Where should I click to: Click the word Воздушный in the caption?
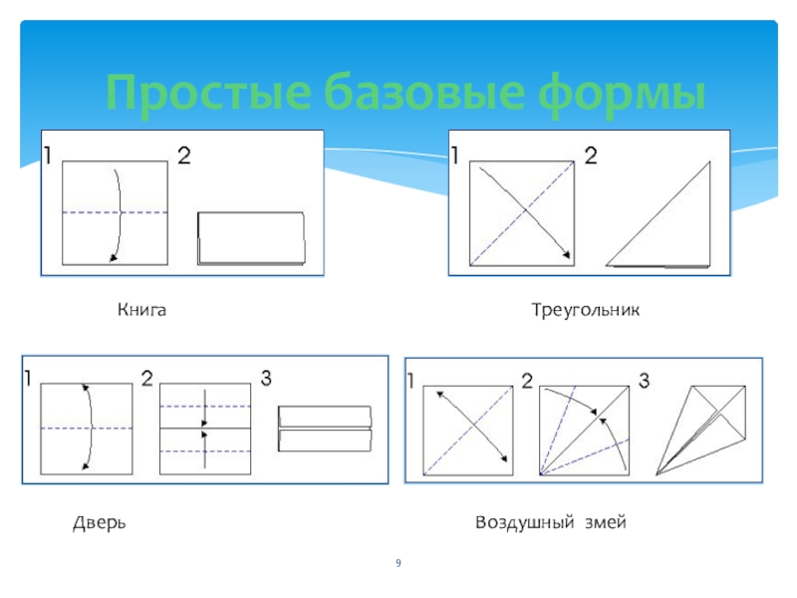tap(522, 522)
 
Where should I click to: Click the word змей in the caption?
tap(605, 522)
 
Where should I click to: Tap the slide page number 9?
tap(398, 566)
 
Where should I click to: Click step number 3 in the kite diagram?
tap(644, 379)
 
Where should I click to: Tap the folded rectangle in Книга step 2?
tap(251, 238)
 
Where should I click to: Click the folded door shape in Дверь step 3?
tap(324, 428)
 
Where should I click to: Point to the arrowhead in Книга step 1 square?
tap(112, 259)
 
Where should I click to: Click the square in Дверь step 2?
tap(205, 429)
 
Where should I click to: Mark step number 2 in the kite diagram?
tap(526, 379)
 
